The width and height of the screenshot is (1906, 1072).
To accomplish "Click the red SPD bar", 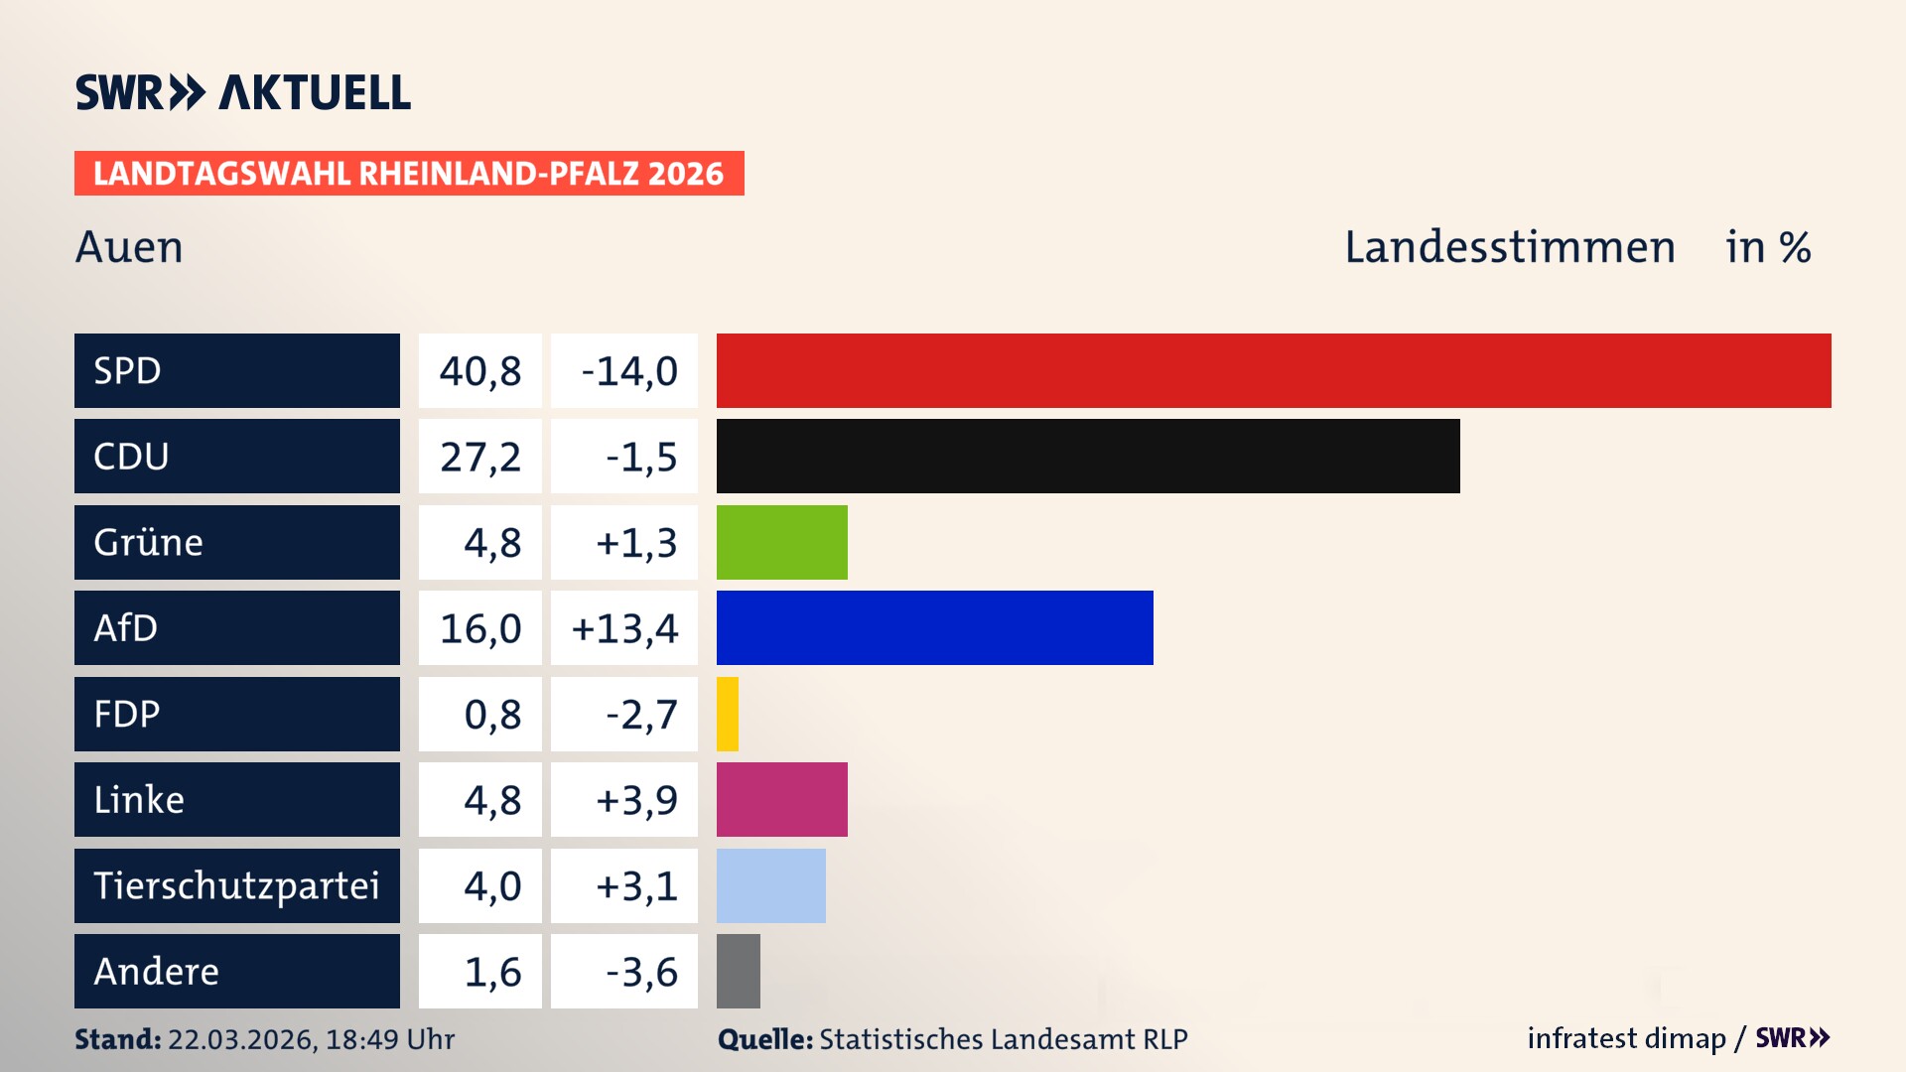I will pyautogui.click(x=1274, y=370).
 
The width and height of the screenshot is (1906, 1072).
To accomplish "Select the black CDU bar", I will pyautogui.click(x=1088, y=457).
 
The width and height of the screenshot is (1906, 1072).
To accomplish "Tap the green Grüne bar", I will pyautogui.click(x=782, y=542).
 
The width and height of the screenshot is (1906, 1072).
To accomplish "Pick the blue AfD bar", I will pyautogui.click(x=934, y=627).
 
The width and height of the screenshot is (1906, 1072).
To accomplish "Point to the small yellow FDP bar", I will pyautogui.click(x=728, y=714).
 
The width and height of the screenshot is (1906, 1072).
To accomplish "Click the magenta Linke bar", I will pyautogui.click(x=782, y=799).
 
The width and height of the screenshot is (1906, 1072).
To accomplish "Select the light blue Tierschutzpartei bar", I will pyautogui.click(x=771, y=885).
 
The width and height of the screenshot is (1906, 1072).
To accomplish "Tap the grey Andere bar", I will pyautogui.click(x=739, y=971).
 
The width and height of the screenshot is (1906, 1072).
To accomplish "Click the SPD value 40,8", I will pyautogui.click(x=480, y=371).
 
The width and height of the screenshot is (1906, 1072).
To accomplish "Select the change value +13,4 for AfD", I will pyautogui.click(x=624, y=628).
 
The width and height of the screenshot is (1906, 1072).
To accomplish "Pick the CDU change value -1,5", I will pyautogui.click(x=641, y=457).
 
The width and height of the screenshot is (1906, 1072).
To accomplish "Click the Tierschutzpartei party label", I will pyautogui.click(x=236, y=885).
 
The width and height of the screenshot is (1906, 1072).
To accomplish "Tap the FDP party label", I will pyautogui.click(x=127, y=714).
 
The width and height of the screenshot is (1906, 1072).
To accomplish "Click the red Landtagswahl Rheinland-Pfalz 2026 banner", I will pyautogui.click(x=409, y=174).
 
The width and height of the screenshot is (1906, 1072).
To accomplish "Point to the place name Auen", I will pyautogui.click(x=129, y=247).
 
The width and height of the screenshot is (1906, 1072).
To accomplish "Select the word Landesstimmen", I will pyautogui.click(x=1509, y=247).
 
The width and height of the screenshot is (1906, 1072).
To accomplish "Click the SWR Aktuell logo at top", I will pyautogui.click(x=242, y=92).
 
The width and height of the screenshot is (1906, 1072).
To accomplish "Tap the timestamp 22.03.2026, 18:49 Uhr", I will pyautogui.click(x=311, y=1039).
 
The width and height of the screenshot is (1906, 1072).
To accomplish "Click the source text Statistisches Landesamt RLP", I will pyautogui.click(x=1003, y=1039).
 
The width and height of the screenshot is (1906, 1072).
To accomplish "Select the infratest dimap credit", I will pyautogui.click(x=1626, y=1038).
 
